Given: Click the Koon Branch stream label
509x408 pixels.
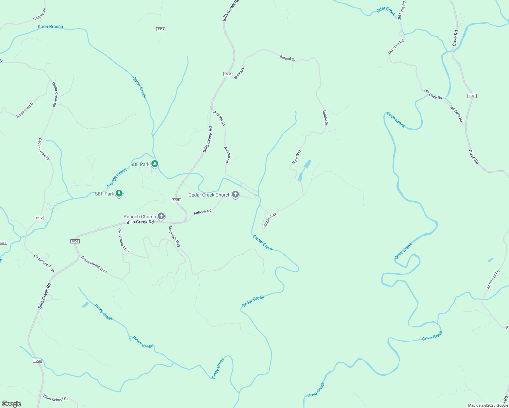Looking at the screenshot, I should point(50,27).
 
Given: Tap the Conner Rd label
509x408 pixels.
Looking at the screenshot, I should point(40,15).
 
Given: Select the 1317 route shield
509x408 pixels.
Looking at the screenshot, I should point(161,29).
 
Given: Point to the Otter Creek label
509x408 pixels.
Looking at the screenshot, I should point(386,11).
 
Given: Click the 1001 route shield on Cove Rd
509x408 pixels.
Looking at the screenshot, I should point(472,96).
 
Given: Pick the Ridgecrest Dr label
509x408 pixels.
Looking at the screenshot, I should point(26,109).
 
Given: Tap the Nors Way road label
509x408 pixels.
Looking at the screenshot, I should point(296,157).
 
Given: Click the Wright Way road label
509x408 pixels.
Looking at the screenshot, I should point(270,220).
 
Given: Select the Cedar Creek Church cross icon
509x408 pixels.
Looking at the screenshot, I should point(235,194).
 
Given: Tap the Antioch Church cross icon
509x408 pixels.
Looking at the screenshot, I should point(161,216).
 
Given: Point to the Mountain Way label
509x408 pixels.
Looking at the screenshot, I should point(174,236).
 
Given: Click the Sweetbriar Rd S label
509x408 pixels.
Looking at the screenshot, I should point(124,240).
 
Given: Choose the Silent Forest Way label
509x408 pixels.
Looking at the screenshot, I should point(94,265).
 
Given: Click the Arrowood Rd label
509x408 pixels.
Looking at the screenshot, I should point(493,279).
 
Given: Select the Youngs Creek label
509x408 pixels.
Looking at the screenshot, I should point(116,178).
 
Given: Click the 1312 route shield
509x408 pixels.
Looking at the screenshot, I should point(39,218).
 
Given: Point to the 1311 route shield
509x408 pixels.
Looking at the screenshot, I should point(3,243).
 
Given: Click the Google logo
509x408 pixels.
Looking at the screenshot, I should point(12,404).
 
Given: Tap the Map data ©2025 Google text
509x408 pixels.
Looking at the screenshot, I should point(488,405).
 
